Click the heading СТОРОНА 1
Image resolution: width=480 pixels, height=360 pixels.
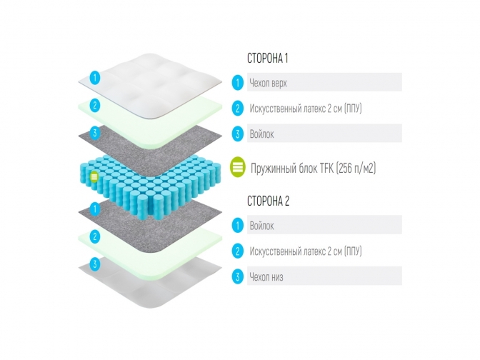tap(267, 59)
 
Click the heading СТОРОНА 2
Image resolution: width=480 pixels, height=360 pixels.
tap(268, 202)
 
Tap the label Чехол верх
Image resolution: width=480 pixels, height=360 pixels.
tap(268, 83)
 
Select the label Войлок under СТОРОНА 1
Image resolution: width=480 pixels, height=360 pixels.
tap(261, 134)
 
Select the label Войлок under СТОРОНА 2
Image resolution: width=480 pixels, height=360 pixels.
tap(261, 226)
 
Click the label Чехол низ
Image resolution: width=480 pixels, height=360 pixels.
tap(266, 276)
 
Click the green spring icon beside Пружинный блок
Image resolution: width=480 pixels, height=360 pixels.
tap(238, 168)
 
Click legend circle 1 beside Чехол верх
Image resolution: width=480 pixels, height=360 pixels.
tap(237, 83)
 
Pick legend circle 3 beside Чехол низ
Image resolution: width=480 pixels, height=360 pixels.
tap(237, 276)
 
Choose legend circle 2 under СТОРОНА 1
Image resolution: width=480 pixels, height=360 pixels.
tap(237, 109)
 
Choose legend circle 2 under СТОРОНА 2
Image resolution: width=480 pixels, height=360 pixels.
tap(237, 251)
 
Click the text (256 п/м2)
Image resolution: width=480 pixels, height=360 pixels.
tap(353, 168)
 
